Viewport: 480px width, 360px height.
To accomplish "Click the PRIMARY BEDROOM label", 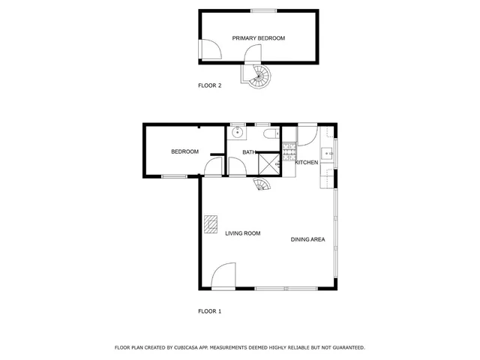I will point(258,37).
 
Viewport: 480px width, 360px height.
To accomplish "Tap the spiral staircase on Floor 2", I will point(261,74).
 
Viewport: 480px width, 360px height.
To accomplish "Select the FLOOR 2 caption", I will point(209,85).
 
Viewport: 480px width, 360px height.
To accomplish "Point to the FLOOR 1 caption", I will point(209,311).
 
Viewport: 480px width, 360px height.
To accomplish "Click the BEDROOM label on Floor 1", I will point(184,151).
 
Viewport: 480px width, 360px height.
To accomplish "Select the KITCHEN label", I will point(307,163).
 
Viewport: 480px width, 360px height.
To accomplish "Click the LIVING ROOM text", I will point(242,233).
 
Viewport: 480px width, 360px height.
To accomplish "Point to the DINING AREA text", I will point(307,239).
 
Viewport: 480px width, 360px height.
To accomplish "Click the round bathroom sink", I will point(238,133).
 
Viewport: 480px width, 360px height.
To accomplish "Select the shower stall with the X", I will point(268,163).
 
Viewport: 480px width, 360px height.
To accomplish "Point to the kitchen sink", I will point(328,154).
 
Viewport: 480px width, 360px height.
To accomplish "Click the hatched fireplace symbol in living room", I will point(211,224).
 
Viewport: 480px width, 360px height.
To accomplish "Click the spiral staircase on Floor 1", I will point(262,184).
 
